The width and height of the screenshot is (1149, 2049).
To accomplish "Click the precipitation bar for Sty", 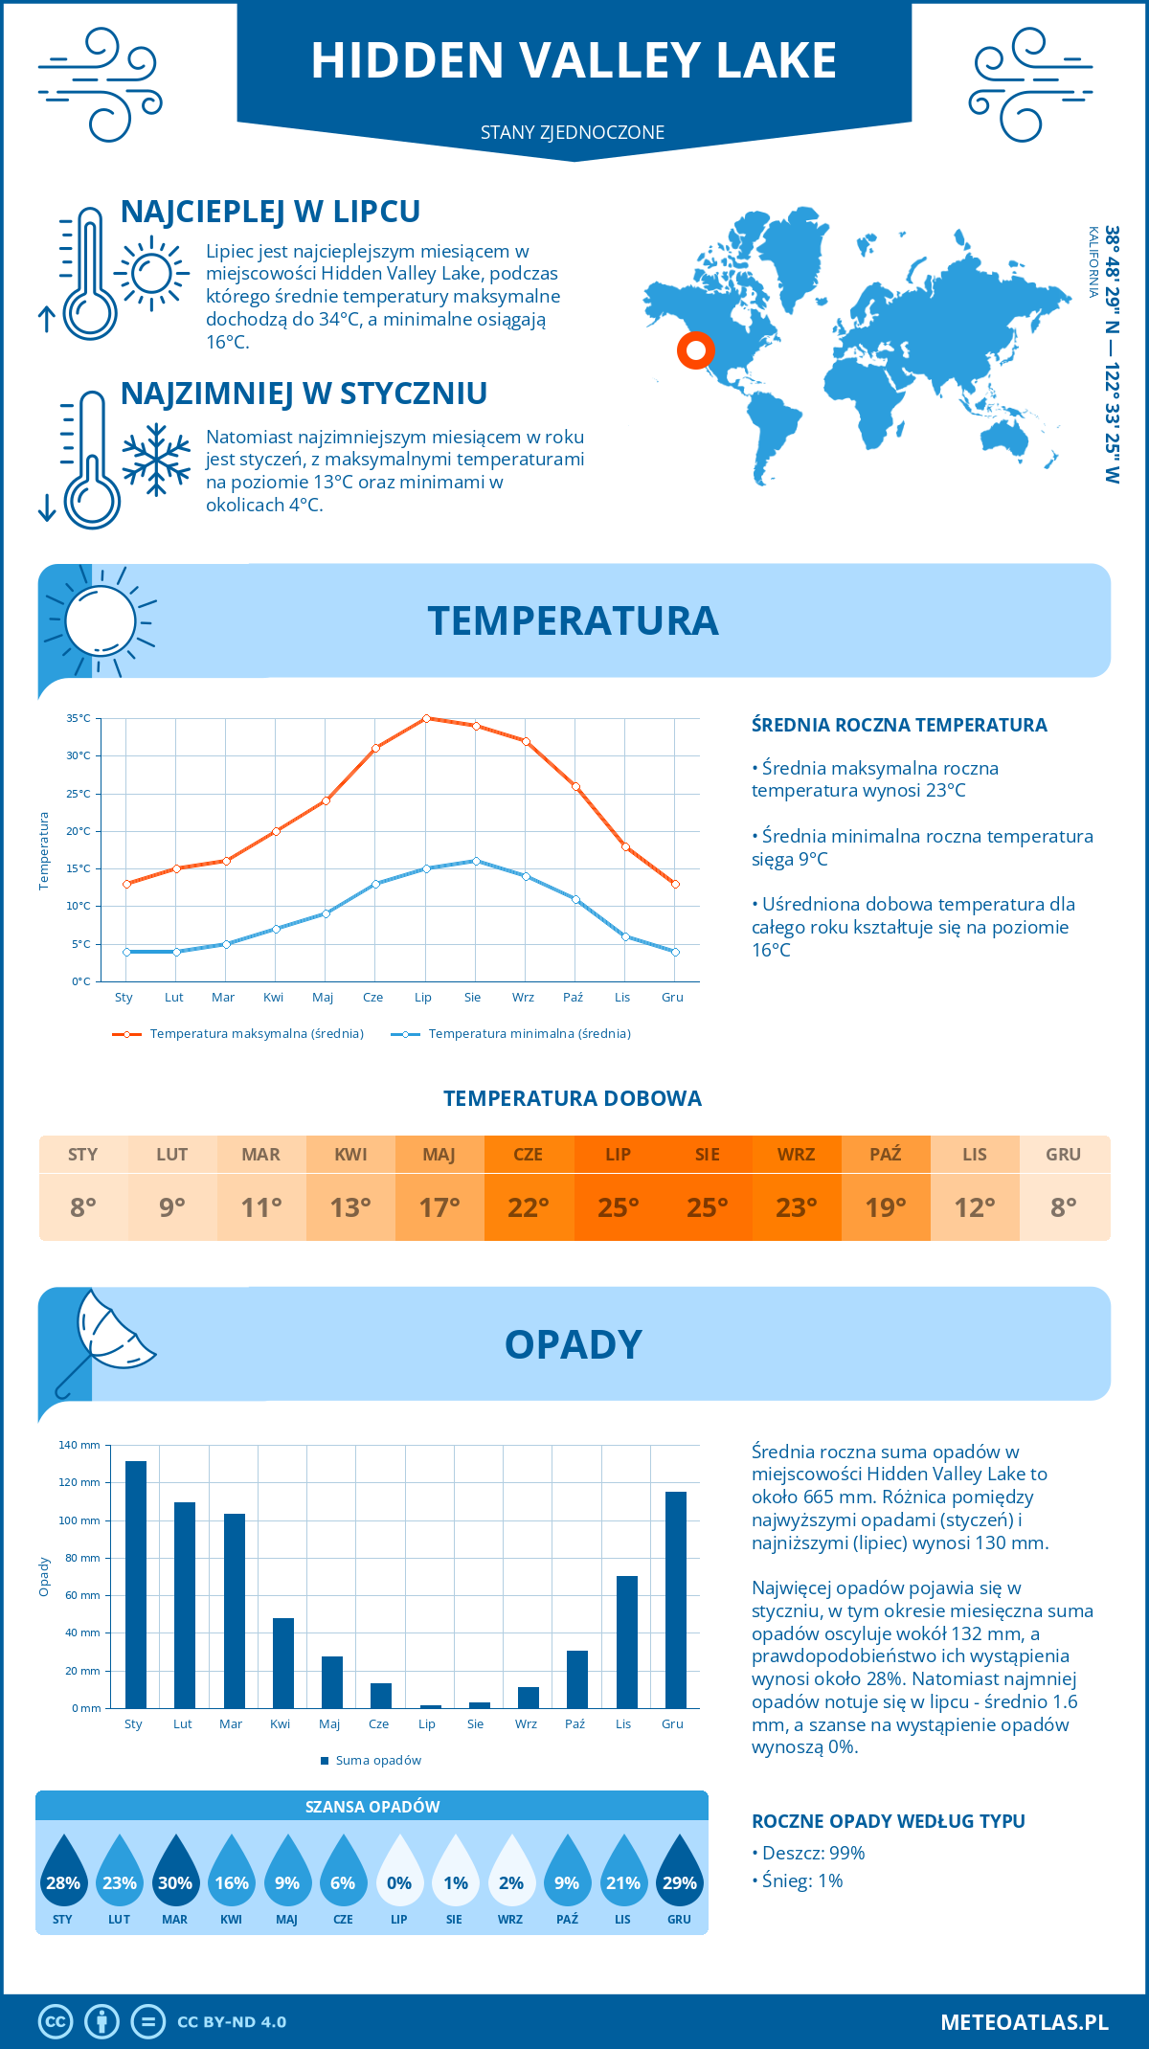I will (136, 1585).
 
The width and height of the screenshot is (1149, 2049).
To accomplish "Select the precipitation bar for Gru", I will (676, 1600).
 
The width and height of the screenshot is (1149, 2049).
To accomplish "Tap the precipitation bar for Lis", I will (627, 1642).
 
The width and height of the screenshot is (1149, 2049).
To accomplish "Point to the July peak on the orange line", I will (426, 718).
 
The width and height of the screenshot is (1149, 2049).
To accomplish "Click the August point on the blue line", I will (476, 861).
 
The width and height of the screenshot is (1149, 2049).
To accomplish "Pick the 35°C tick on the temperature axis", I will (79, 718).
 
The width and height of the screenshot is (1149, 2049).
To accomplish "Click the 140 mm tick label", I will (79, 1445).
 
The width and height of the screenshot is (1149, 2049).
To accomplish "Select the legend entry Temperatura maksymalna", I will (257, 1034).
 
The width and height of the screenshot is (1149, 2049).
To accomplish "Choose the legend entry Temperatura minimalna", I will (529, 1034).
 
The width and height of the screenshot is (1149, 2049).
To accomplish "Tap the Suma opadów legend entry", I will (378, 1761).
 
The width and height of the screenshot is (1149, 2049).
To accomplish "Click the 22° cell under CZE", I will (529, 1207).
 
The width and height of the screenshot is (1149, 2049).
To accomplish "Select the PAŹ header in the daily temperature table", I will (886, 1155).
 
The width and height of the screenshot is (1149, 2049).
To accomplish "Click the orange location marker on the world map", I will (696, 350).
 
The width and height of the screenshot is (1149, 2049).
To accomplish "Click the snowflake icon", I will (156, 460).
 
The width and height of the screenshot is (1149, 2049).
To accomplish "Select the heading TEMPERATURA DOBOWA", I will (573, 1099).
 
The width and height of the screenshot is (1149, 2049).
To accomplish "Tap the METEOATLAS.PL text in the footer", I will (1025, 2022).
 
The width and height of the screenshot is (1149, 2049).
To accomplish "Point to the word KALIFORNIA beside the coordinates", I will (1093, 261).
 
